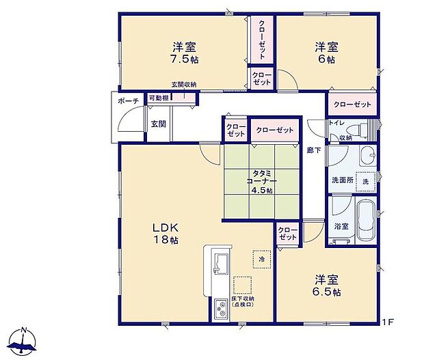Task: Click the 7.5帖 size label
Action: pyautogui.click(x=185, y=60)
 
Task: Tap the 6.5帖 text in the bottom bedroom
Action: pyautogui.click(x=328, y=292)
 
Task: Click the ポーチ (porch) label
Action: pyautogui.click(x=128, y=101)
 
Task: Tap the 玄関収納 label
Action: pyautogui.click(x=183, y=85)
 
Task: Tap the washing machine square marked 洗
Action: pyautogui.click(x=365, y=182)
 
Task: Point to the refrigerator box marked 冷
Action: pyautogui.click(x=261, y=259)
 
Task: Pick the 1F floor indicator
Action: pyautogui.click(x=388, y=320)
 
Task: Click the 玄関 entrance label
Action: pyautogui.click(x=158, y=124)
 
